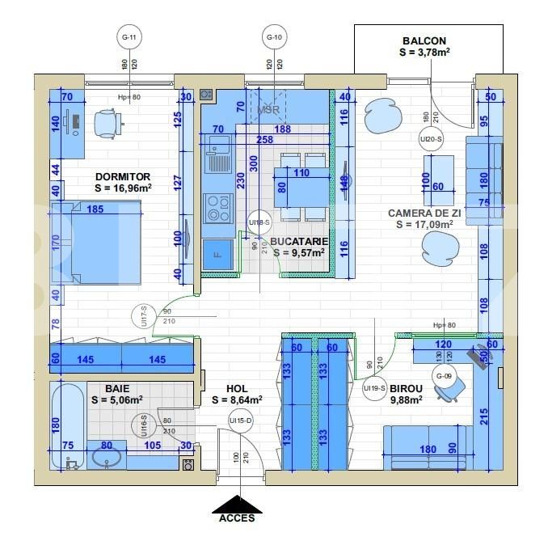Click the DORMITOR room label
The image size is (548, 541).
[123, 175]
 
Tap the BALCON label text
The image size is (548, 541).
[424, 40]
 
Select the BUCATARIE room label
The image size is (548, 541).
[298, 241]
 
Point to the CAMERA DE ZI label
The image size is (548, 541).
[424, 213]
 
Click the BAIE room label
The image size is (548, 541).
[116, 388]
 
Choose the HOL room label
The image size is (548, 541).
[237, 388]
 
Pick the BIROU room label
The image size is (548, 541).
[407, 387]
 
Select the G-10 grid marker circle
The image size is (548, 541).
[275, 37]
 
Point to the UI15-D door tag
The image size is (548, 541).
[240, 421]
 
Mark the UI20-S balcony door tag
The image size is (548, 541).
[430, 139]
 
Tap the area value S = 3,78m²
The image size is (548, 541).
[424, 53]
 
